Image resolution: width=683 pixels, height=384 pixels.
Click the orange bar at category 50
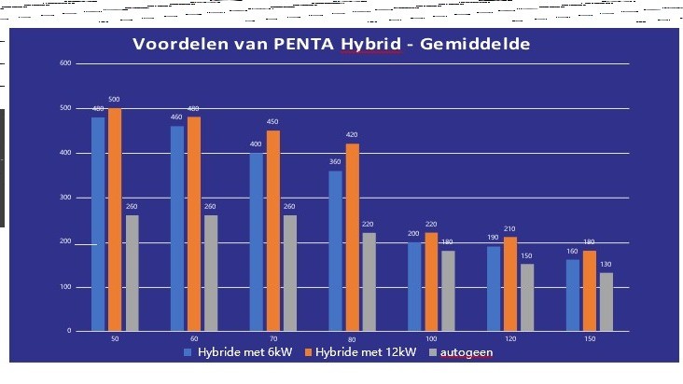115,219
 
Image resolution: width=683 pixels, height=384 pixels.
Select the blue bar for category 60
176,228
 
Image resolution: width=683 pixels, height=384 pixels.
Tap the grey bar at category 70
290,273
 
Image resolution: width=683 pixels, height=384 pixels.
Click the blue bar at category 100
413,286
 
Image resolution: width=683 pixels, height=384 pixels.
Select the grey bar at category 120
527,297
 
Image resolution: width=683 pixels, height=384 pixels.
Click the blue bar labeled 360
334,251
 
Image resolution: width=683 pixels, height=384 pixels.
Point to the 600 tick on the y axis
65,63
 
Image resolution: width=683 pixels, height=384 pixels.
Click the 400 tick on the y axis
65,153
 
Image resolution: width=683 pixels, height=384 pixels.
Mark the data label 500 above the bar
115,100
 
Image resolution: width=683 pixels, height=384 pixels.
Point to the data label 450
272,122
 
